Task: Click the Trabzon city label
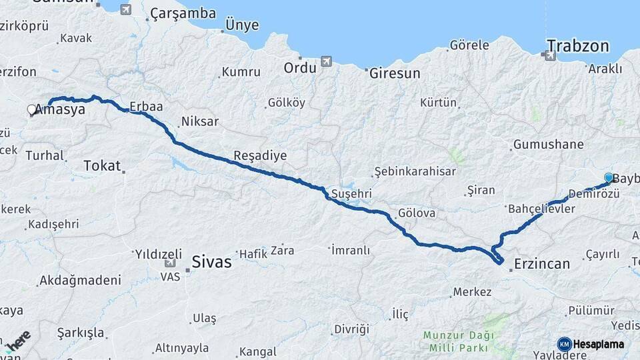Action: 578,46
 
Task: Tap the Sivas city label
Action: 211,262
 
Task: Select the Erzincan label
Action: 541,264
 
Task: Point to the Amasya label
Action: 60,109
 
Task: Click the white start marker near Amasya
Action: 31,110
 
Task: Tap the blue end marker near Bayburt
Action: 609,177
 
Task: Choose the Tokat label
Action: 102,166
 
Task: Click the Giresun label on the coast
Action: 395,73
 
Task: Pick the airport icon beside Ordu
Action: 326,62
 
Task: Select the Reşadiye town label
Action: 260,155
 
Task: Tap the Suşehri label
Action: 350,194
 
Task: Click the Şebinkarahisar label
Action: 415,171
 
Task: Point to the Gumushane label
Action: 548,145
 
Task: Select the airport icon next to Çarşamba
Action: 125,9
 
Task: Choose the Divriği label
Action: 351,329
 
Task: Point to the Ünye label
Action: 242,24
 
